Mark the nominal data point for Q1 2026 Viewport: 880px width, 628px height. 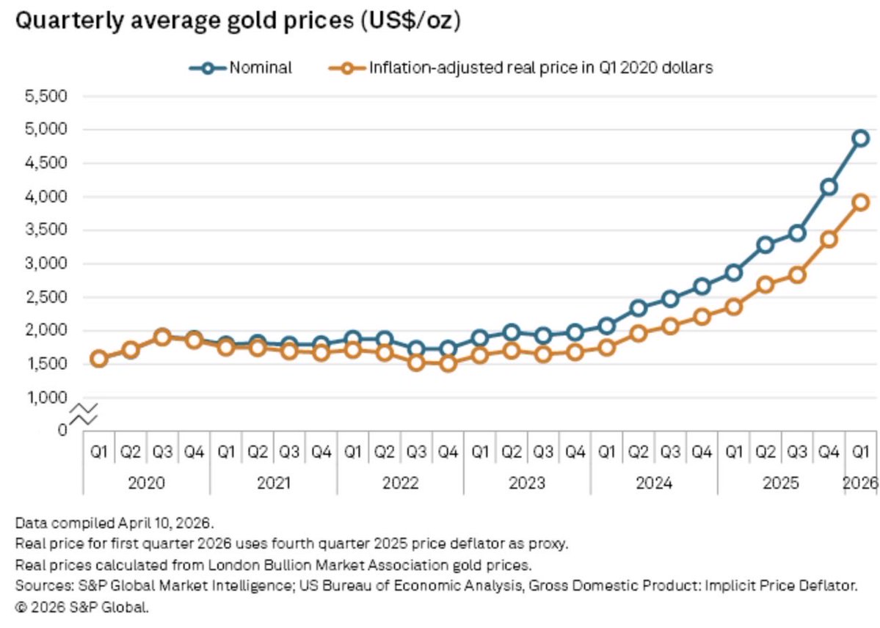point(860,138)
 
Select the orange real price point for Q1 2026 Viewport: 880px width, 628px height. point(860,202)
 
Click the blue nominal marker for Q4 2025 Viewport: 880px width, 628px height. point(829,186)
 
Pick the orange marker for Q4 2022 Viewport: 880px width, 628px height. point(448,362)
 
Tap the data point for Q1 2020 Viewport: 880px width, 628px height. point(99,359)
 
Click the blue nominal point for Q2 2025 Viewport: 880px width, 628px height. point(766,245)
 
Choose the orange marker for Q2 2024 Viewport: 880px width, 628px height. point(639,333)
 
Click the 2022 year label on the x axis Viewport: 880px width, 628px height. point(400,483)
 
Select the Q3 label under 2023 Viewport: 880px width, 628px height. point(543,452)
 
